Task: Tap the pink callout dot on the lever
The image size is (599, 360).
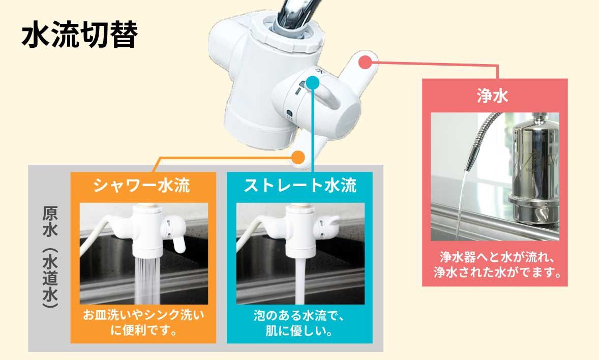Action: click(x=365, y=63)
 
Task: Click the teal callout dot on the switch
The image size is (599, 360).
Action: click(x=313, y=82)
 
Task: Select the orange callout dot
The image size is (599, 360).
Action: click(x=298, y=157)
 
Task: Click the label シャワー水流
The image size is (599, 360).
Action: click(x=142, y=186)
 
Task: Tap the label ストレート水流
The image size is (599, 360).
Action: click(x=300, y=186)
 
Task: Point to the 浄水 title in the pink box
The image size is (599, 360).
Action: click(x=493, y=96)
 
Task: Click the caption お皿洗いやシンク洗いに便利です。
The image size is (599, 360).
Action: click(x=143, y=322)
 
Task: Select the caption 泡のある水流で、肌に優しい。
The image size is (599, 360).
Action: click(x=300, y=323)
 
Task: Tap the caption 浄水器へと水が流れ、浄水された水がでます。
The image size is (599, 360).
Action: click(x=495, y=264)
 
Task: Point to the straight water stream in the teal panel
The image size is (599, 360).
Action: click(x=301, y=280)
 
